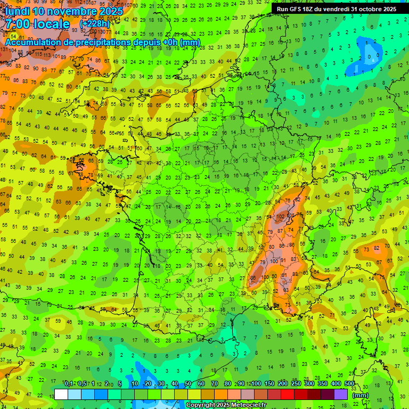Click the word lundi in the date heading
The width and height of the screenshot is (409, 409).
17,11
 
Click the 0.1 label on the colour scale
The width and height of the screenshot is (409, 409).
68,383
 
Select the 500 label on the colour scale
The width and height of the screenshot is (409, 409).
349,383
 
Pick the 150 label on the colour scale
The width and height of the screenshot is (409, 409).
269,383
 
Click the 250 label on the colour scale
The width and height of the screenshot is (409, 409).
296,383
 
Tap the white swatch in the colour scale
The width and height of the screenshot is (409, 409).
61,394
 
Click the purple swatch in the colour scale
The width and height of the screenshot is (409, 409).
341,394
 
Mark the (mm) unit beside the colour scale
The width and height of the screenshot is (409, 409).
361,395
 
